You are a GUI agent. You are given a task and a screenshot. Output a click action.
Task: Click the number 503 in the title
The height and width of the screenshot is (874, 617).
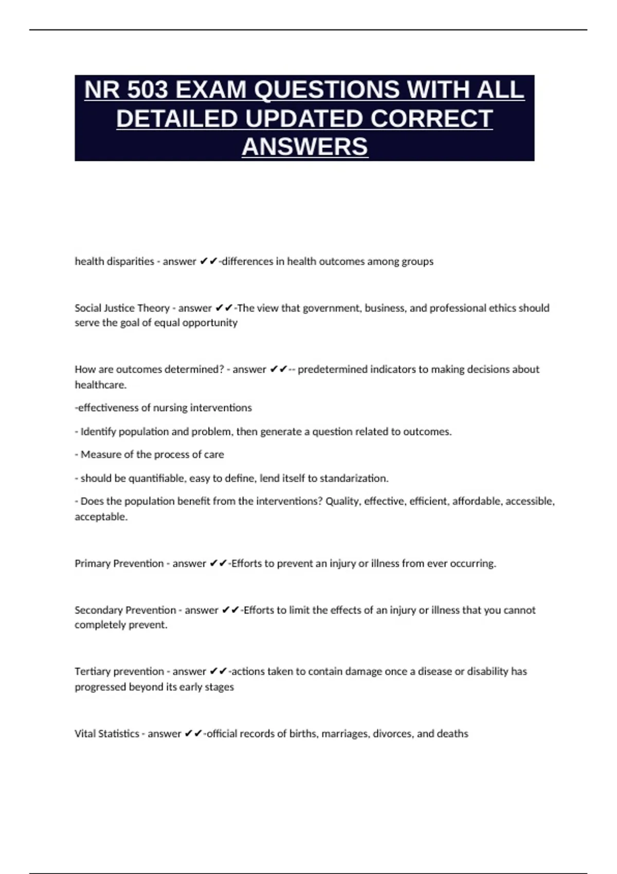pyautogui.click(x=147, y=90)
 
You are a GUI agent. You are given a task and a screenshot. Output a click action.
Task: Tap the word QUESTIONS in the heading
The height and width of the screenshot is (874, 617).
pyautogui.click(x=326, y=90)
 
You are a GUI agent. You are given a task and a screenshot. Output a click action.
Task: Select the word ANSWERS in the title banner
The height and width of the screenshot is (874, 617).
pyautogui.click(x=305, y=147)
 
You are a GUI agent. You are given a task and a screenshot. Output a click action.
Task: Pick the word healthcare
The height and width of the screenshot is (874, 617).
pyautogui.click(x=100, y=385)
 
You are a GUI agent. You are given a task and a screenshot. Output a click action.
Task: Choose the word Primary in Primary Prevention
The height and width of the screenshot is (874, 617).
pyautogui.click(x=93, y=563)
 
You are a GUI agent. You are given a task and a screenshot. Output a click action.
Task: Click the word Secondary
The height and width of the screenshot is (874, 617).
pyautogui.click(x=99, y=610)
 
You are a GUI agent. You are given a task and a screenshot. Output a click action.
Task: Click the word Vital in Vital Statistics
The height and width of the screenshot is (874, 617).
pyautogui.click(x=84, y=734)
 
